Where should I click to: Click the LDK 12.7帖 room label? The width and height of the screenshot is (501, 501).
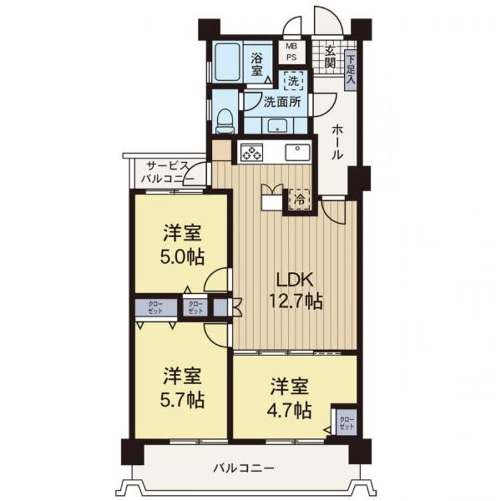point(295,291)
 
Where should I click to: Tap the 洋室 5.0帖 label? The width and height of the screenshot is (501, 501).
point(182,245)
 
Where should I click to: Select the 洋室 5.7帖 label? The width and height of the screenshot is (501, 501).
point(182,388)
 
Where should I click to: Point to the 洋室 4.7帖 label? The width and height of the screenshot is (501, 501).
point(289,399)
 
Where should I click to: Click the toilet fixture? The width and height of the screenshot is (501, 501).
point(224,121)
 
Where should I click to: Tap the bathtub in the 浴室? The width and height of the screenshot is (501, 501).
point(228,62)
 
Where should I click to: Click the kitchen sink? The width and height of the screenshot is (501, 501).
point(297,152)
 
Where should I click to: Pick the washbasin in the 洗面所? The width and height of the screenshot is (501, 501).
point(277,126)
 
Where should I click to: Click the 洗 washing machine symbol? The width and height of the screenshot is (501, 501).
point(293,81)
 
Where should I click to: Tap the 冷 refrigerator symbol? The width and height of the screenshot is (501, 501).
point(299,200)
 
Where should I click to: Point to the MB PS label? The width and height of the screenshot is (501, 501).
point(291,51)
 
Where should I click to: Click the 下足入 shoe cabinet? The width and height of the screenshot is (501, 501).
point(351,70)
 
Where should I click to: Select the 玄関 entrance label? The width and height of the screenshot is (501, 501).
point(330,57)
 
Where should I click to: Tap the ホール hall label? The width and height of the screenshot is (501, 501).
point(337,142)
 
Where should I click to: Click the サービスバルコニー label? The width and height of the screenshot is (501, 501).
point(168,172)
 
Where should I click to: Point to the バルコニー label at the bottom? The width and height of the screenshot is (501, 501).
point(244,469)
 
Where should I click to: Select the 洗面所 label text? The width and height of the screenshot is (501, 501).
point(282,102)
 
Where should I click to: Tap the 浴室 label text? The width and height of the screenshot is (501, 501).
point(257,64)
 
